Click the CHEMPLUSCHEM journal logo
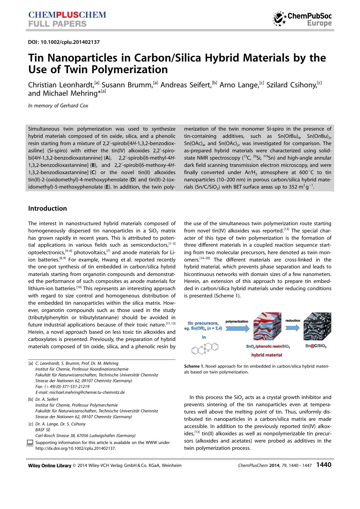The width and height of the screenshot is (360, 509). [67, 15]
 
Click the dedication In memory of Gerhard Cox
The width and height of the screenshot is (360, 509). [58, 106]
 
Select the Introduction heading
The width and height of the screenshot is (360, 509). [47, 208]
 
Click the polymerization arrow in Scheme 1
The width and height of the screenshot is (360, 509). [237, 328]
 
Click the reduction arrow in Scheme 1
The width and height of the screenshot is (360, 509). [292, 327]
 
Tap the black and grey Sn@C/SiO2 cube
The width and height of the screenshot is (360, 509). [317, 326]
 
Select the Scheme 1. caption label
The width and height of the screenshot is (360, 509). [194, 366]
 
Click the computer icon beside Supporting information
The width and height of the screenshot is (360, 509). [30, 443]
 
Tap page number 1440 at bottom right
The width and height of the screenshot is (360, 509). [324, 465]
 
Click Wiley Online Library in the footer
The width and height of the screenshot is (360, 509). [50, 465]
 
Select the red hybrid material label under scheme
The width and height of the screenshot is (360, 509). [267, 355]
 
